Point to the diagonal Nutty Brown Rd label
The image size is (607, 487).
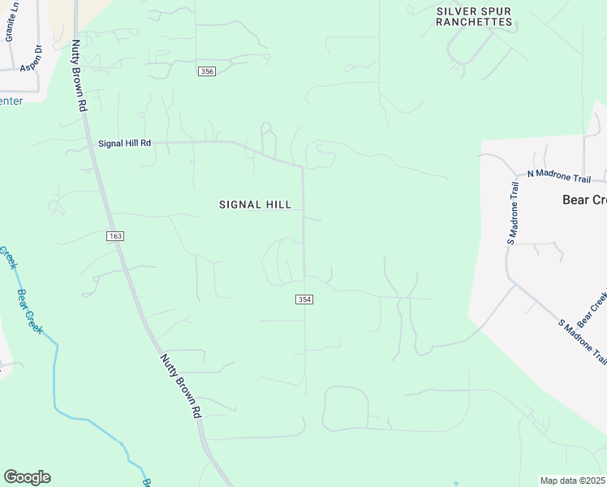(x=179, y=386)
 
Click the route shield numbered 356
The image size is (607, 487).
(x=207, y=71)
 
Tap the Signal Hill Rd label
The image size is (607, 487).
(x=124, y=143)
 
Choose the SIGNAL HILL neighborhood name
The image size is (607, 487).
(x=255, y=205)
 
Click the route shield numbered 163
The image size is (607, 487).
(x=114, y=235)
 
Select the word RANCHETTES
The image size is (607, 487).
(x=474, y=22)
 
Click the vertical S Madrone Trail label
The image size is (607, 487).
(x=513, y=212)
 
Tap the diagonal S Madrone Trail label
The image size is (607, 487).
(x=583, y=341)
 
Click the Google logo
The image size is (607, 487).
(x=27, y=477)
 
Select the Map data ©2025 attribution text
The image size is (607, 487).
(x=573, y=481)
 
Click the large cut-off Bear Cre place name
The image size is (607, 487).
(x=584, y=199)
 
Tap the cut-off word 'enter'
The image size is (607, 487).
(x=11, y=101)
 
